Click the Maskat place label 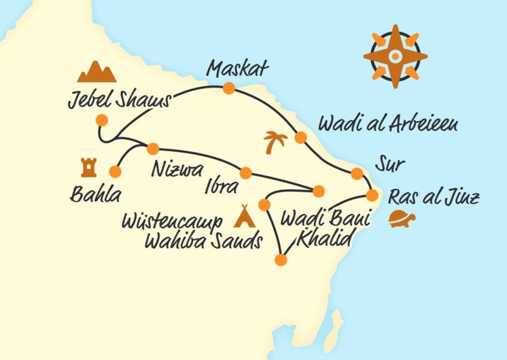pyautogui.click(x=239, y=69)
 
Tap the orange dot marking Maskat pyautogui.click(x=229, y=88)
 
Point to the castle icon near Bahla pyautogui.click(x=88, y=167)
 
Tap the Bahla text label pyautogui.click(x=95, y=196)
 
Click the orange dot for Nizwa pyautogui.click(x=153, y=148)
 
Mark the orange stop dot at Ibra pyautogui.click(x=245, y=173)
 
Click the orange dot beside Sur pyautogui.click(x=357, y=175)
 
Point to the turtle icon pyautogui.click(x=402, y=219)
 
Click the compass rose pyautogui.click(x=396, y=56)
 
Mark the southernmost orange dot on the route pyautogui.click(x=281, y=259)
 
